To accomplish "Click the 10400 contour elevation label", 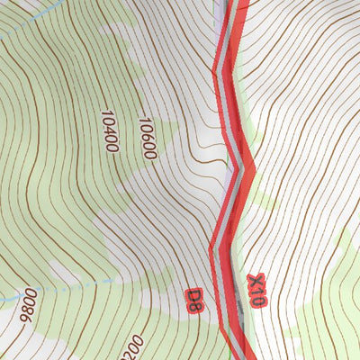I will pyautogui.click(x=110, y=131).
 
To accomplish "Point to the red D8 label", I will pyautogui.click(x=193, y=299).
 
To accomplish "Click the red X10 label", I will pyautogui.click(x=256, y=291).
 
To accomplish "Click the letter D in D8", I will pyautogui.click(x=191, y=293).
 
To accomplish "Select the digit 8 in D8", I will pyautogui.click(x=196, y=305).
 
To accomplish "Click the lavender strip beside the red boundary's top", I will pyautogui.click(x=220, y=18).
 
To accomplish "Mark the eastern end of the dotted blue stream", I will pyautogui.click(x=110, y=281).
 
